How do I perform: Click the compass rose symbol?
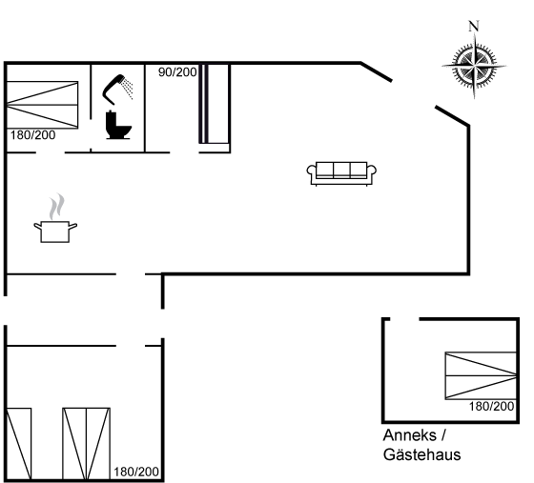[475, 66]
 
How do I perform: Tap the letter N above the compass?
[474, 26]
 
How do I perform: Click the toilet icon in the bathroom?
[118, 125]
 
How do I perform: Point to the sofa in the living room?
[341, 173]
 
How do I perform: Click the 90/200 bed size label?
[177, 72]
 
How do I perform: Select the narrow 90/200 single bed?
[214, 104]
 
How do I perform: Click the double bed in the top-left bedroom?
[43, 105]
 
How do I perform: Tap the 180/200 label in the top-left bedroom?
[32, 135]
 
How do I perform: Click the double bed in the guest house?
[481, 375]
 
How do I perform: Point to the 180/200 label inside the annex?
[491, 406]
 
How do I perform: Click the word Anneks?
[410, 435]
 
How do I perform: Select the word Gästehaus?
[421, 454]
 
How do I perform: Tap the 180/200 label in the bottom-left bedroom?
[136, 472]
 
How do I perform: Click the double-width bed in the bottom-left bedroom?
[86, 444]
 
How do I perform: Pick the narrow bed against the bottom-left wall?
[19, 444]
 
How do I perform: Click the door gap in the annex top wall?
[404, 319]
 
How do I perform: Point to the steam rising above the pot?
[56, 207]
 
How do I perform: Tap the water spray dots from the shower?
[129, 88]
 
